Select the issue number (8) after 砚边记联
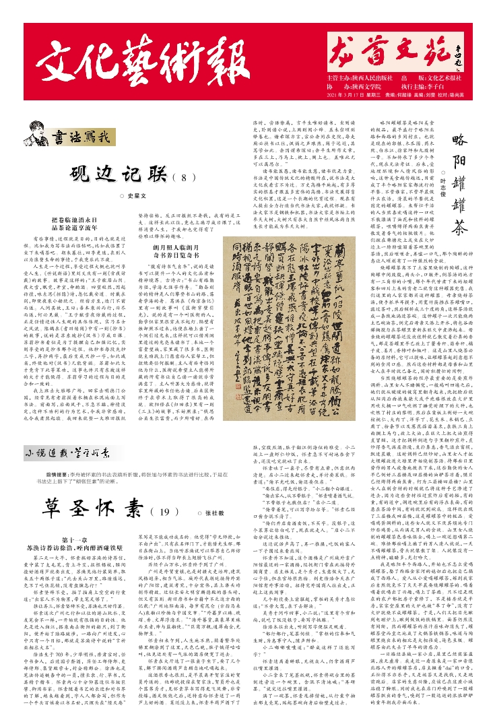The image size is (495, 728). [x=186, y=158]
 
